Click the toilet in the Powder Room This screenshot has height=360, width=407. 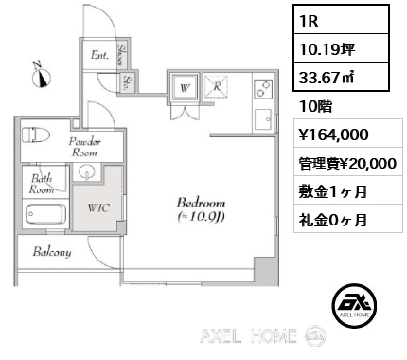pos(37,135)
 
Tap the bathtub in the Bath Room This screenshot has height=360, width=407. pos(46,214)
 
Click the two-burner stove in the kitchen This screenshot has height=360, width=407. pos(263,88)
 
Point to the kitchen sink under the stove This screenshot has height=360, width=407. pos(263,119)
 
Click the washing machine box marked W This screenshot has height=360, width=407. pos(185,87)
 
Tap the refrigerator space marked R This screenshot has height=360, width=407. pos(217,86)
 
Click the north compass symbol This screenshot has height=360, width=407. pos(42,76)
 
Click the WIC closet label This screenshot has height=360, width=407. pos(98,207)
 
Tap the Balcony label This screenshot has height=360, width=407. pos(52,252)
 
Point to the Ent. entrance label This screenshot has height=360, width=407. pos(99,55)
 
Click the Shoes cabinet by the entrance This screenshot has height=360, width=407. pos(122,54)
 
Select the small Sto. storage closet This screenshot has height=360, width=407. pos(128,83)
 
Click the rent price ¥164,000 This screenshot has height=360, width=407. pos(333,135)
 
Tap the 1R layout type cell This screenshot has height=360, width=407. pos(341,20)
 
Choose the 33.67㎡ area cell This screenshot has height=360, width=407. pos(341,77)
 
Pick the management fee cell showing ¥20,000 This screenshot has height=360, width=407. pos(348,164)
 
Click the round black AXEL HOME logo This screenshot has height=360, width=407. pos(354,305)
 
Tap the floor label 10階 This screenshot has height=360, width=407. pos(315,107)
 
